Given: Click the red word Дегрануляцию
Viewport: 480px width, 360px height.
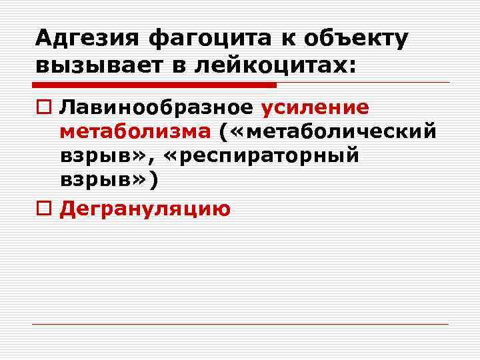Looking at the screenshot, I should coord(145,209).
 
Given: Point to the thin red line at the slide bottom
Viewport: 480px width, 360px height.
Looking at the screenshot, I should coord(240,325).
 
